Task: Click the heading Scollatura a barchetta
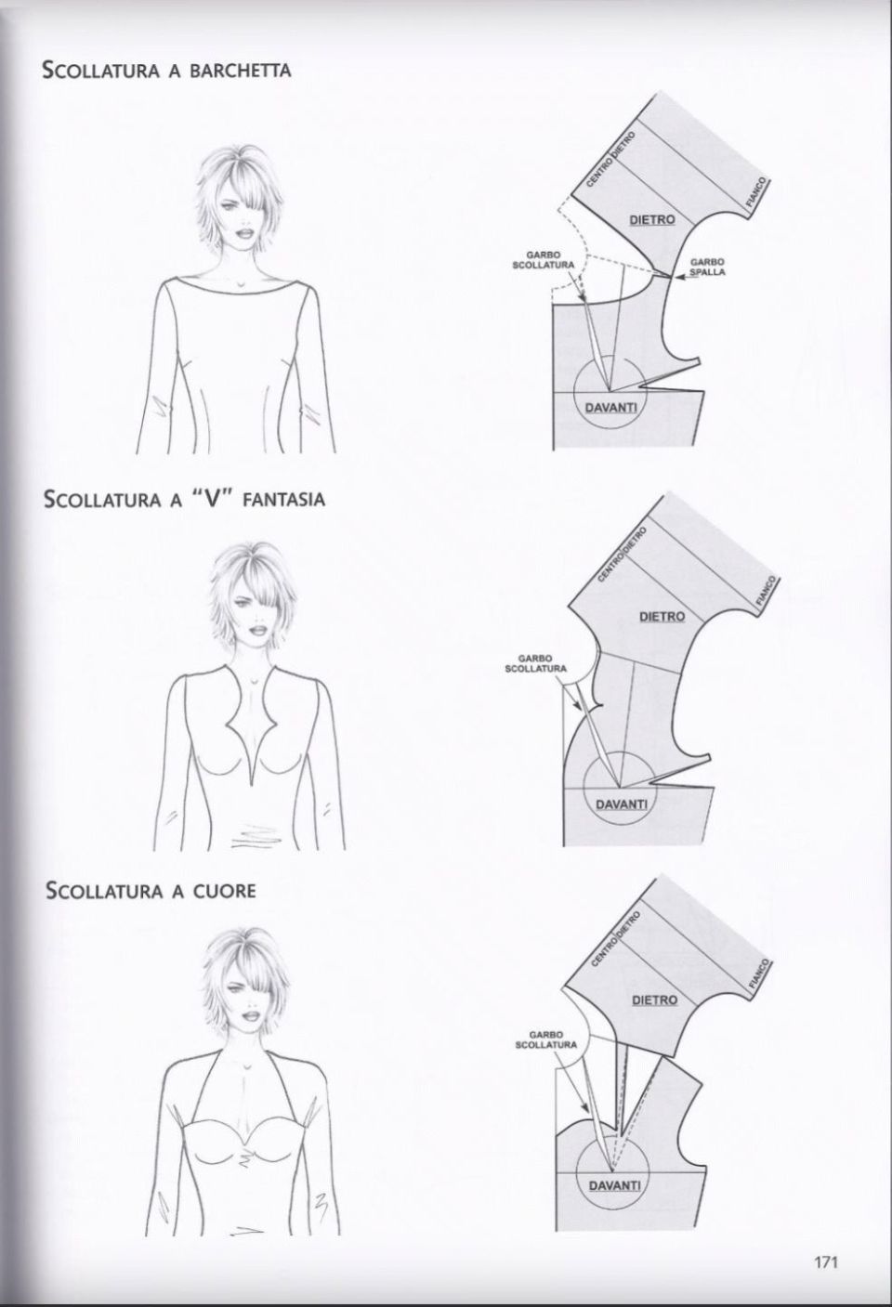[167, 71]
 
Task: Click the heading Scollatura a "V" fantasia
[185, 500]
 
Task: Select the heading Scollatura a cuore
[151, 891]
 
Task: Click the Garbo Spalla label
[707, 267]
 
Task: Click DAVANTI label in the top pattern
[610, 408]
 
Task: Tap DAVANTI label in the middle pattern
[621, 804]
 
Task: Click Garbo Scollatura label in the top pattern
[544, 260]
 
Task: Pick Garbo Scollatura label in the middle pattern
[536, 664]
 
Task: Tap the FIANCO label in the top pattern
[756, 192]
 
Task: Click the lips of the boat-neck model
[243, 233]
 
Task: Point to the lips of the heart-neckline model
[252, 1015]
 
